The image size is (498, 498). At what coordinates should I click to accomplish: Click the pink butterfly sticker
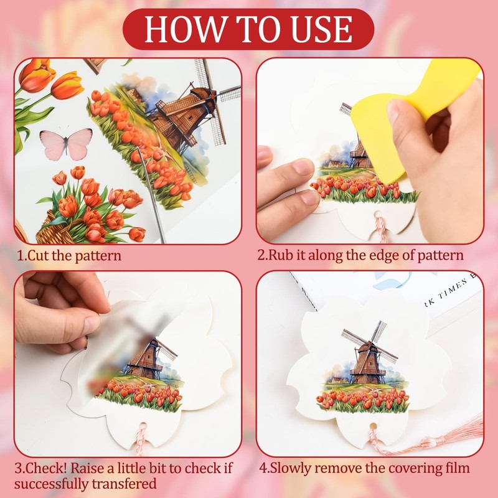tap(66, 144)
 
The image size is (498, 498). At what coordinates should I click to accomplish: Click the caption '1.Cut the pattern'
tap(69, 255)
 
